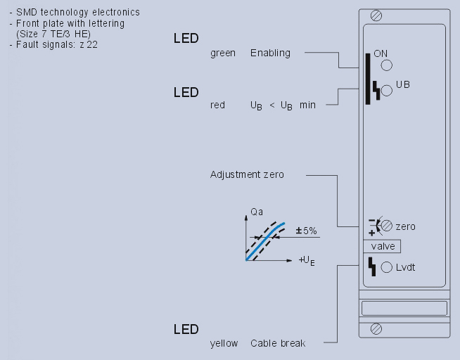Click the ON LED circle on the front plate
coord(386,66)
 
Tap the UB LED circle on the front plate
coord(386,91)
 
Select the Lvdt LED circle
coord(386,267)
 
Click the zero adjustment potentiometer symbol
coord(386,226)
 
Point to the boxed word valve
coord(383,246)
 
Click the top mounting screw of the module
coord(376,15)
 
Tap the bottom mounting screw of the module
coord(376,328)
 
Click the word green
coord(223,53)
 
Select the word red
coord(217,105)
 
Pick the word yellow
coord(224,343)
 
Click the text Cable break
coord(278,343)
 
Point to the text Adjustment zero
coord(247,174)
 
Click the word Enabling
coord(270,53)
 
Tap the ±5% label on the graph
coord(305,231)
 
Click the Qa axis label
coord(248,210)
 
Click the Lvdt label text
coord(406,267)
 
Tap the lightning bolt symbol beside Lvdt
coord(372,266)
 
